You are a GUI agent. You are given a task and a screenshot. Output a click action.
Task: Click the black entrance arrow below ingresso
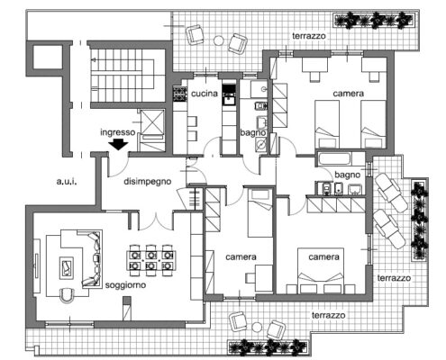[118, 145]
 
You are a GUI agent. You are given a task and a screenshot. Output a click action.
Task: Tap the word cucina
[205, 94]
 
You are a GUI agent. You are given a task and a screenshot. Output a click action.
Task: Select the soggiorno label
[125, 285]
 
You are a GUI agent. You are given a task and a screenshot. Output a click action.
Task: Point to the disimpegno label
[148, 182]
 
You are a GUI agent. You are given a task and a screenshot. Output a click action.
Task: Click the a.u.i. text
[67, 181]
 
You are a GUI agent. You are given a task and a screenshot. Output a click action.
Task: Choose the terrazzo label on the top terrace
[309, 36]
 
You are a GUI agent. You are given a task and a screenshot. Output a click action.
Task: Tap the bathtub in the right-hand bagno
[334, 158]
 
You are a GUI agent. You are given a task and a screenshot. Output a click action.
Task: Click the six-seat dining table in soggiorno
[151, 260]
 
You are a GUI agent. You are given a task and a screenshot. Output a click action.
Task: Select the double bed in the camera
[321, 271]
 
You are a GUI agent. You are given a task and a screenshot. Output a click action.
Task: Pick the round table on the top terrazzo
[219, 40]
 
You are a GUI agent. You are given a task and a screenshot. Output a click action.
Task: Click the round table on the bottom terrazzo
[257, 327]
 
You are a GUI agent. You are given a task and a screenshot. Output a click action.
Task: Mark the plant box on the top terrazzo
[374, 21]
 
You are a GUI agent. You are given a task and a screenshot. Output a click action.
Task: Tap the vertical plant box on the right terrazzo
[419, 220]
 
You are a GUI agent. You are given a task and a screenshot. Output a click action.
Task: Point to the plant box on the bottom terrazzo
[268, 347]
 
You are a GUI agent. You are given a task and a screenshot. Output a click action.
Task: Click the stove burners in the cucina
[179, 94]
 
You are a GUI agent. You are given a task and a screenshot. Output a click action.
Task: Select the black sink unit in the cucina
[230, 94]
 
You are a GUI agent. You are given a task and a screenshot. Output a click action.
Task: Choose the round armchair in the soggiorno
[67, 295]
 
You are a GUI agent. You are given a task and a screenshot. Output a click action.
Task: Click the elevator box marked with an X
[152, 122]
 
